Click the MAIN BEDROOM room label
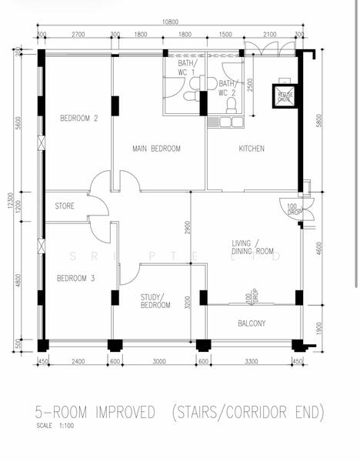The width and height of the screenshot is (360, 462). (156, 149)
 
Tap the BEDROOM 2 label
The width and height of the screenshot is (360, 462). (79, 119)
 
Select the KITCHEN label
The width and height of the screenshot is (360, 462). (252, 149)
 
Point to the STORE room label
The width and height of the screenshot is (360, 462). (65, 206)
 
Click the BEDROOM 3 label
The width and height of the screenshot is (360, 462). (76, 278)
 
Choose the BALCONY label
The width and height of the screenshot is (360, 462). (251, 324)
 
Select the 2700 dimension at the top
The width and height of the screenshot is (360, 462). (78, 35)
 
